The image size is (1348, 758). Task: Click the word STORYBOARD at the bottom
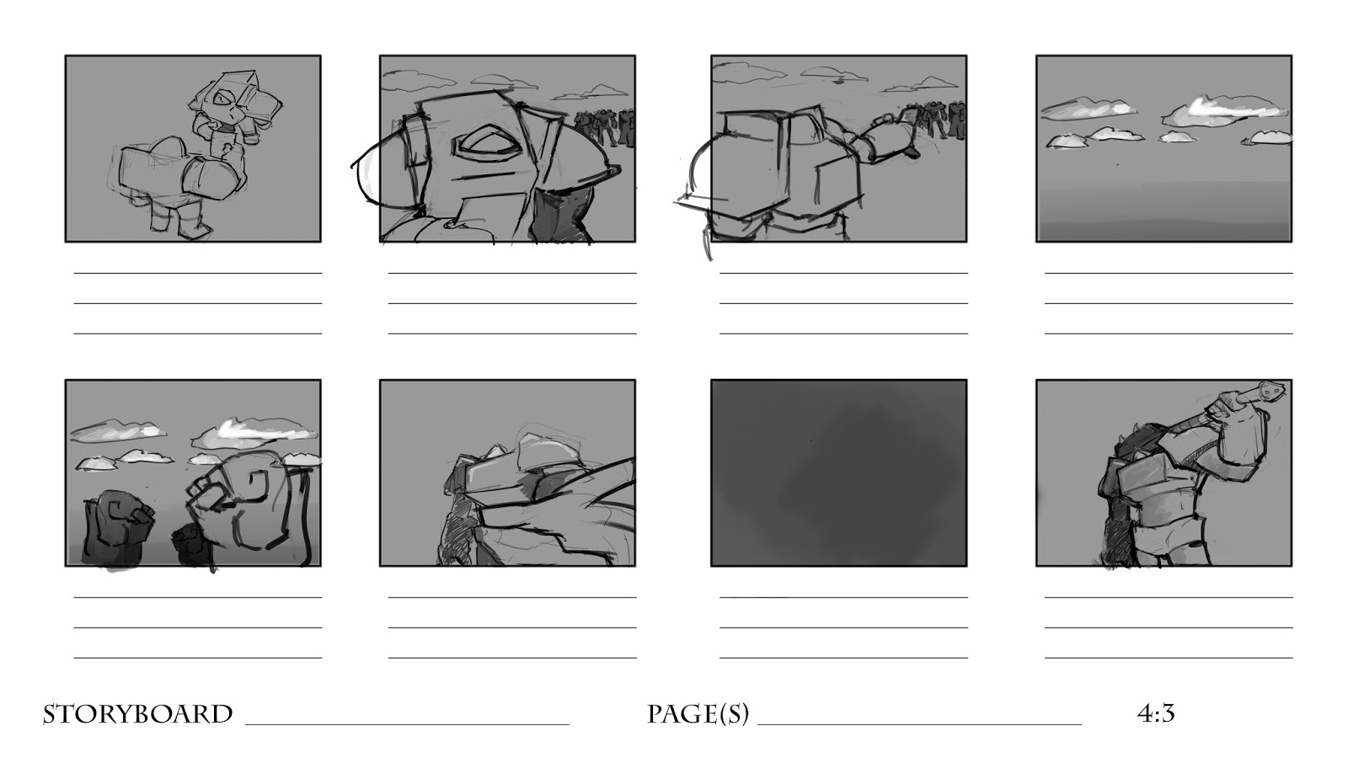click(138, 714)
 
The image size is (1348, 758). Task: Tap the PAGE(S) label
click(698, 714)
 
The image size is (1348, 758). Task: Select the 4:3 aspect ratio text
click(1156, 713)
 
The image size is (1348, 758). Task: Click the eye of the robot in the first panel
click(224, 99)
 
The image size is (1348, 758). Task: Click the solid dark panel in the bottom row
click(839, 472)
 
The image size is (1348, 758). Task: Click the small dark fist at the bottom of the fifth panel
click(192, 544)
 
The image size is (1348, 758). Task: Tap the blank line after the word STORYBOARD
click(408, 724)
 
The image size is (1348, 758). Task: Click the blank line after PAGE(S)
click(919, 724)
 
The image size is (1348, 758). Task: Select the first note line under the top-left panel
click(198, 273)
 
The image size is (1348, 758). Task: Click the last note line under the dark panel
click(843, 658)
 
